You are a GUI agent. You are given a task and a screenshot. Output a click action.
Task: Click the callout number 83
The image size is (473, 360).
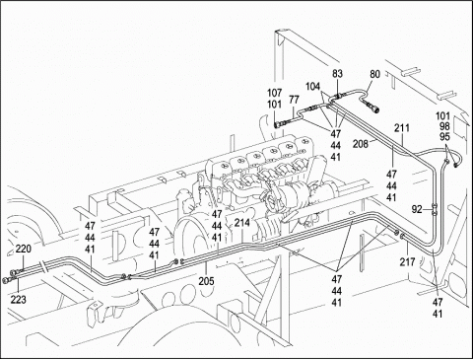(x=337, y=74)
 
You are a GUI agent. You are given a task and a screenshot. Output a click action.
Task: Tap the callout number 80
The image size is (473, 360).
(x=374, y=74)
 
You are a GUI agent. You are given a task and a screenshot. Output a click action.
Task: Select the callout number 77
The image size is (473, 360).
(x=295, y=99)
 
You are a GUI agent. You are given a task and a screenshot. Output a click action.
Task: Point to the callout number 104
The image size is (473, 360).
(x=312, y=87)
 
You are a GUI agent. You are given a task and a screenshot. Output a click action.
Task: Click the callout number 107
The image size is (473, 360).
(x=274, y=93)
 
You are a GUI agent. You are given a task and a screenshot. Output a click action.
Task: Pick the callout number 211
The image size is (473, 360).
(x=402, y=127)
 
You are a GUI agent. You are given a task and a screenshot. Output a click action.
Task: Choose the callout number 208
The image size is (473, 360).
(x=361, y=144)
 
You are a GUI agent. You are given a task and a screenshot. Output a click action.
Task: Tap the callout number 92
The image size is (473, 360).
(x=417, y=209)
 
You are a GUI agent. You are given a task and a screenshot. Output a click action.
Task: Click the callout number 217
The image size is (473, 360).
(x=407, y=262)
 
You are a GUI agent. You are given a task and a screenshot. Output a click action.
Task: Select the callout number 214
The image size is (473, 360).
(x=242, y=223)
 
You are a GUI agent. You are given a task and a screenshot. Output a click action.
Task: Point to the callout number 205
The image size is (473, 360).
(x=206, y=281)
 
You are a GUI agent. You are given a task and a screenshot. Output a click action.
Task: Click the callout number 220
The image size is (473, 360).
(x=24, y=249)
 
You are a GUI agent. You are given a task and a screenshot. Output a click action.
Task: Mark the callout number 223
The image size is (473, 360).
(x=18, y=300)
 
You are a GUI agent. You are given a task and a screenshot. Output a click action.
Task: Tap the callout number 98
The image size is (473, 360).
(x=444, y=126)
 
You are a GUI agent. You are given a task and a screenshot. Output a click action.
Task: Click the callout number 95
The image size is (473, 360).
(x=444, y=137)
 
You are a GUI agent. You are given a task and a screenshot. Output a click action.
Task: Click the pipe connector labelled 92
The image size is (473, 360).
(x=435, y=209)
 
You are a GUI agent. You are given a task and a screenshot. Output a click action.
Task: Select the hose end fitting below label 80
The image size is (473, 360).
(x=373, y=108)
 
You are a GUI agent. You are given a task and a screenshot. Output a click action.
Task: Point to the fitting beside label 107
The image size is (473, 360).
(x=279, y=124)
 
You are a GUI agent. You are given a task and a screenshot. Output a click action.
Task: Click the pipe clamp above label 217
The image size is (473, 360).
(x=403, y=235)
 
